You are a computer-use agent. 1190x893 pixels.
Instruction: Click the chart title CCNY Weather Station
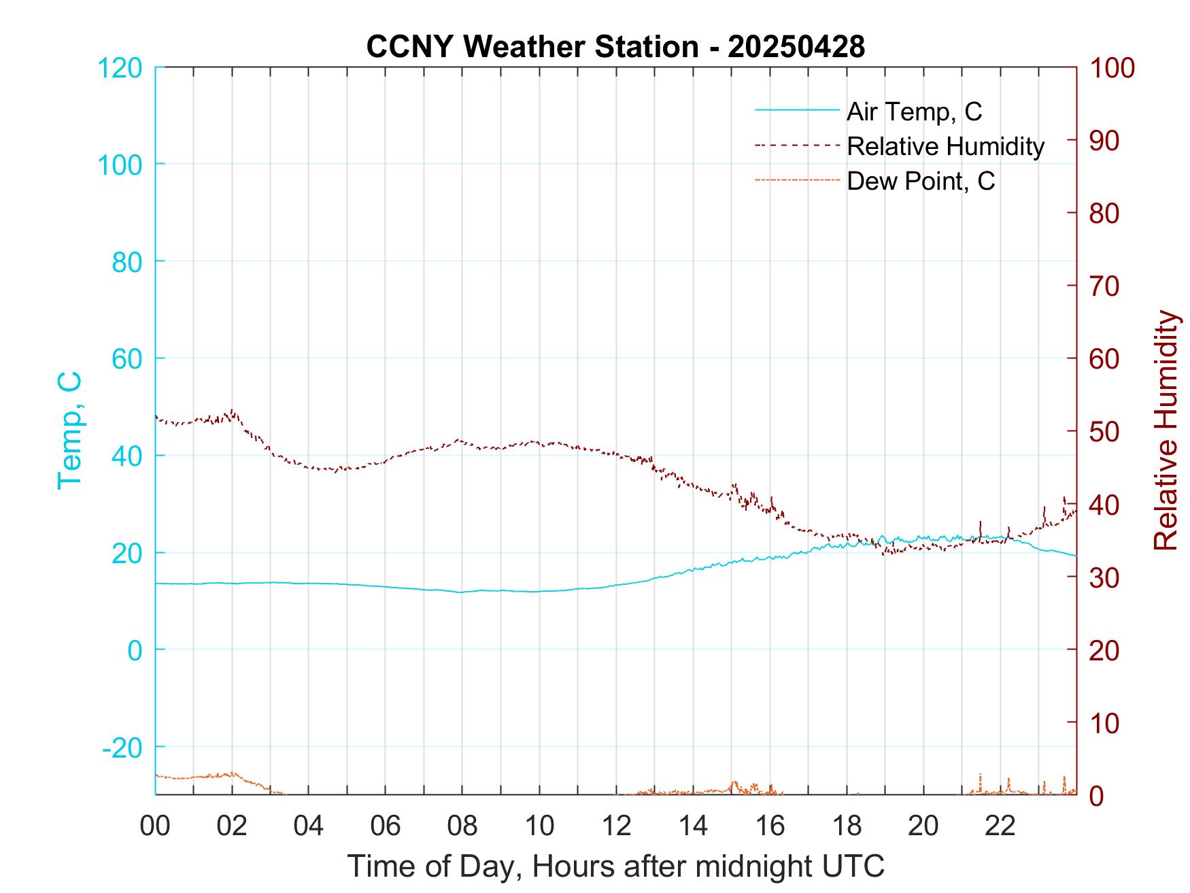pyautogui.click(x=615, y=47)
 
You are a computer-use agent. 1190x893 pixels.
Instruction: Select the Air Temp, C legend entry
pyautogui.click(x=913, y=112)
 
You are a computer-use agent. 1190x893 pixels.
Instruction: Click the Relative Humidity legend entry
pyautogui.click(x=945, y=146)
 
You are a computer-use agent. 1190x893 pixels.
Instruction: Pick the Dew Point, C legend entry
pyautogui.click(x=920, y=181)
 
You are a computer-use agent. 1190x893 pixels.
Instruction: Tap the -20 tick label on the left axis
pyautogui.click(x=122, y=747)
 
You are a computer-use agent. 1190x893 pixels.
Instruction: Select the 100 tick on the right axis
pyautogui.click(x=1112, y=68)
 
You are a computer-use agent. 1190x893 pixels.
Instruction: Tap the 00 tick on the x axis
pyautogui.click(x=154, y=826)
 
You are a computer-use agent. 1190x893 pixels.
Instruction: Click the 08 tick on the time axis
pyautogui.click(x=462, y=826)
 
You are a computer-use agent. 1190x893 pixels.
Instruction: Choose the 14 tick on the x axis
pyautogui.click(x=693, y=826)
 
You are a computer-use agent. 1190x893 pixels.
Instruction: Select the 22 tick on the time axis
pyautogui.click(x=1000, y=826)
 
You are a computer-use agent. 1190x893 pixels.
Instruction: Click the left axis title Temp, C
pyautogui.click(x=69, y=431)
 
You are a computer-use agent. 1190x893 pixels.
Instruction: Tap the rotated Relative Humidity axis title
pyautogui.click(x=1166, y=431)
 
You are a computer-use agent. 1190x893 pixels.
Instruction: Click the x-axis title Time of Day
pyautogui.click(x=615, y=866)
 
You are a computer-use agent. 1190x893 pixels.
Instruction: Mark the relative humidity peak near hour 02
pyautogui.click(x=233, y=411)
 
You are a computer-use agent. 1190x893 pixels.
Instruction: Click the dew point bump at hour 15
pyautogui.click(x=734, y=783)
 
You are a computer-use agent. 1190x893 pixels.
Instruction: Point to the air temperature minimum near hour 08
pyautogui.click(x=461, y=592)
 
